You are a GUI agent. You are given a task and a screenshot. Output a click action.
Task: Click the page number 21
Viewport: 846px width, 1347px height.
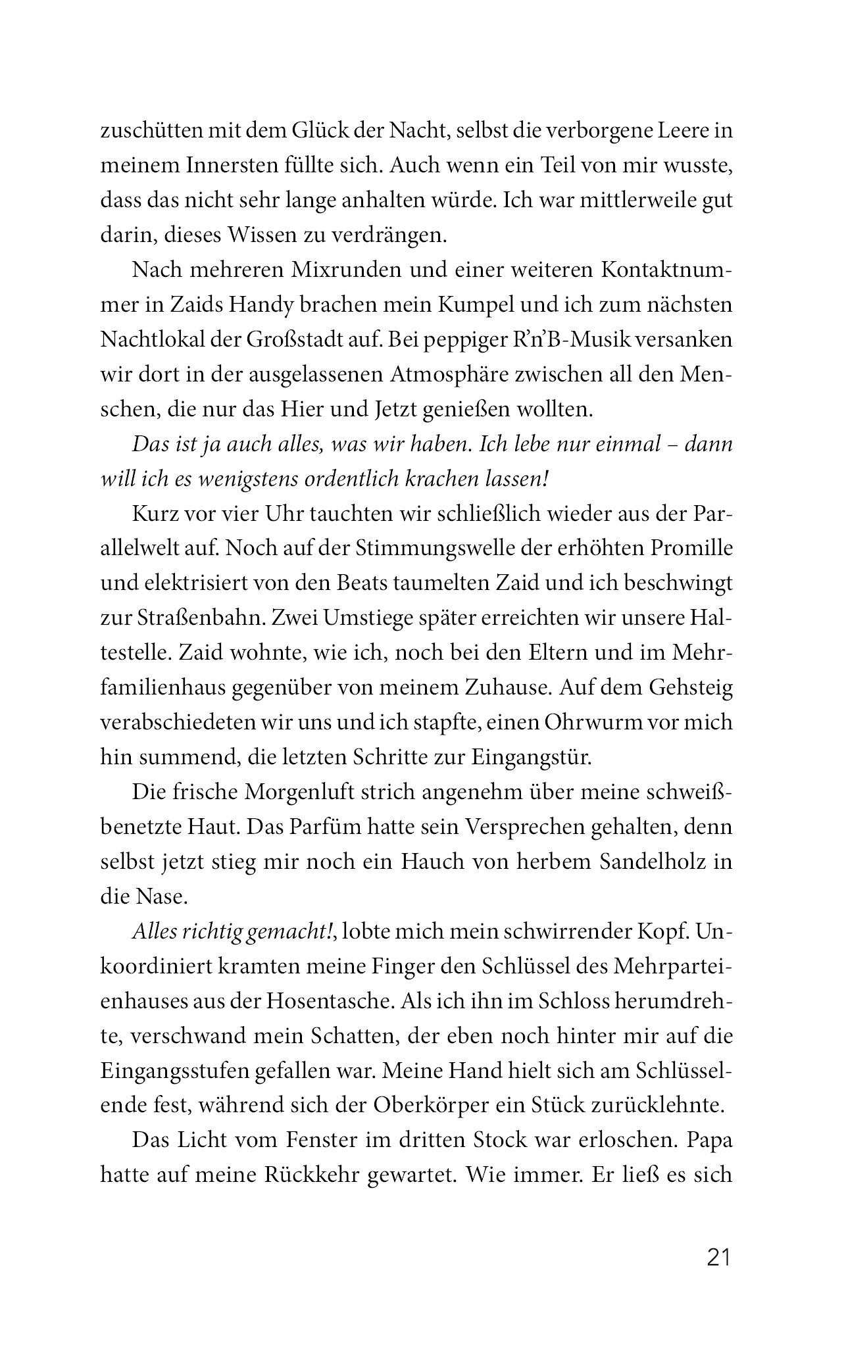click(718, 1257)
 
